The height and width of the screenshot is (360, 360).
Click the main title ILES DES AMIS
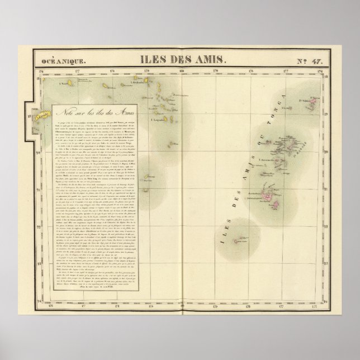click(180, 58)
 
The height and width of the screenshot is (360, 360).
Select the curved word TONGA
click(283, 106)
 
